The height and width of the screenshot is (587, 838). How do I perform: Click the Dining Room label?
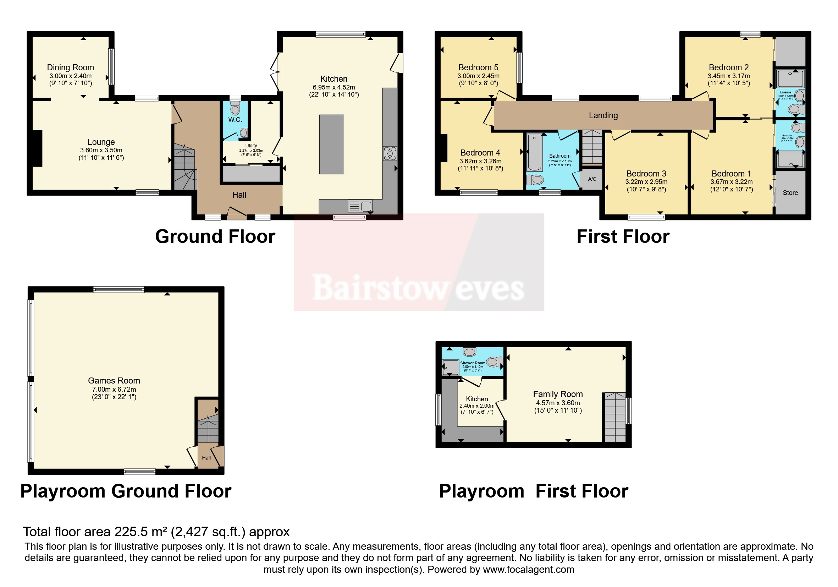click(71, 67)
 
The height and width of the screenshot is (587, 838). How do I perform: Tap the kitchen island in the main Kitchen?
click(331, 144)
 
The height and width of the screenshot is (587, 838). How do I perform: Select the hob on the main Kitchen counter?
click(390, 153)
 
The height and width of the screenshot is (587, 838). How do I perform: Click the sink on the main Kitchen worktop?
click(360, 206)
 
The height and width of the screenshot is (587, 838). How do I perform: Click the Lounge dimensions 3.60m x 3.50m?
click(101, 150)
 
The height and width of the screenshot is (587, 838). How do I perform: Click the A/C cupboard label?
click(592, 179)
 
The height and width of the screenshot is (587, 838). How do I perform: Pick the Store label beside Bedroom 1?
click(790, 193)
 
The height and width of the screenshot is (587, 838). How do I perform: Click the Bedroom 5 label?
click(478, 67)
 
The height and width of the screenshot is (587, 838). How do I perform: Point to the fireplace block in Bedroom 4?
click(443, 148)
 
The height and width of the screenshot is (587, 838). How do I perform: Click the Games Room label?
click(114, 381)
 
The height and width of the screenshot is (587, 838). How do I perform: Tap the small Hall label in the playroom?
click(206, 458)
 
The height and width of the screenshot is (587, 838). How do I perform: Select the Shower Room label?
click(472, 363)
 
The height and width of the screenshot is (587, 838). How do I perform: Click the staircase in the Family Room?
click(615, 418)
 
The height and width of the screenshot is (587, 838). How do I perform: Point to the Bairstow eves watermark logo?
click(418, 289)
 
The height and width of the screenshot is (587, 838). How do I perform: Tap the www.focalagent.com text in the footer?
click(528, 570)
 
